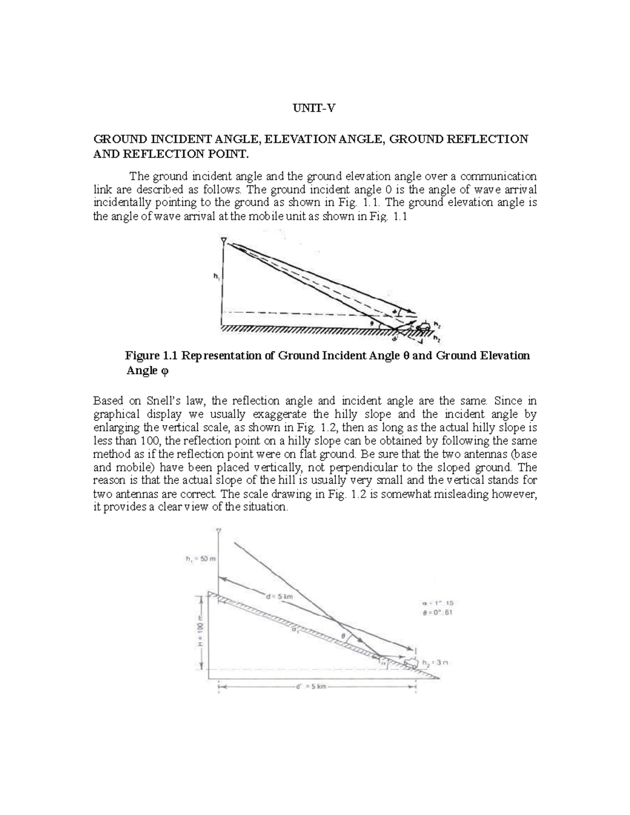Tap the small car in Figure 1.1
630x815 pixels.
[x=423, y=327]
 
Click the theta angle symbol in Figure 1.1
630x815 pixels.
[x=371, y=324]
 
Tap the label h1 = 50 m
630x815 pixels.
[x=201, y=559]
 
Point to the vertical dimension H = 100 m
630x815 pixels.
[x=201, y=632]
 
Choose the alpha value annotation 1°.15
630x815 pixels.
[x=438, y=603]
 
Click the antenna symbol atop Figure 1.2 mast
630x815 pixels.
[x=219, y=530]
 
